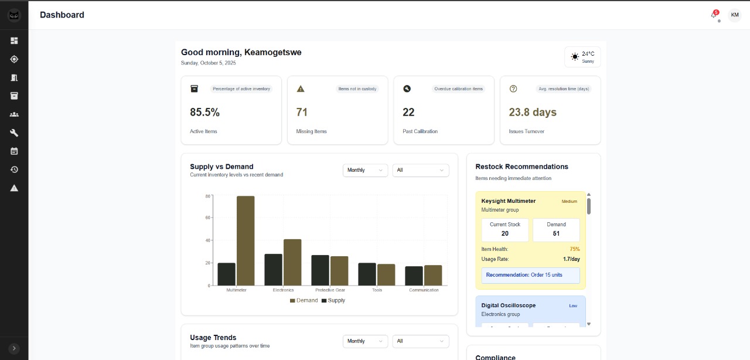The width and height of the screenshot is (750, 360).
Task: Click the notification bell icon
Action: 714,15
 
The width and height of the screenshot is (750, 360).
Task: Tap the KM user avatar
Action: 734,15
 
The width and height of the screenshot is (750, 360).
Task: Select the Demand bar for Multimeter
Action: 246,240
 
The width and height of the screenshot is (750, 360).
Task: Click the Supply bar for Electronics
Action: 273,270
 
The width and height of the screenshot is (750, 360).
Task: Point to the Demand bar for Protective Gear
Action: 339,271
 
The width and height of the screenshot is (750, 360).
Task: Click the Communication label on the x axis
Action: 424,290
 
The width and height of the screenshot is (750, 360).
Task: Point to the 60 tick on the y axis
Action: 207,218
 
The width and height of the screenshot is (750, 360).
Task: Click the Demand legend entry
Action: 304,300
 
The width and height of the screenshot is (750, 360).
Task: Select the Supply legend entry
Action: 333,300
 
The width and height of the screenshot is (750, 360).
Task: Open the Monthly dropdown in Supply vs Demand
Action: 365,170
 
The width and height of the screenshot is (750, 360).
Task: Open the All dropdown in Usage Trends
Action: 420,341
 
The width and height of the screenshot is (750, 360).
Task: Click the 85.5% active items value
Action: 205,112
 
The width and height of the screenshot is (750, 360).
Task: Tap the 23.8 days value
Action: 533,112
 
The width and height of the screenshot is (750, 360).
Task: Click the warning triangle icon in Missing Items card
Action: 301,89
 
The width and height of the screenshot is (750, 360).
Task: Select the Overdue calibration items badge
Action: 458,89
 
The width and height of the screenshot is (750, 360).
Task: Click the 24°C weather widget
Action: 582,57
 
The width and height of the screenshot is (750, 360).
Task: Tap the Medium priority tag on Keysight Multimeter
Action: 570,201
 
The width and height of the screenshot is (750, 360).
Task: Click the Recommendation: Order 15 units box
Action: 530,275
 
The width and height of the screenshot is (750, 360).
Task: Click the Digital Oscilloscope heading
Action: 508,305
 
